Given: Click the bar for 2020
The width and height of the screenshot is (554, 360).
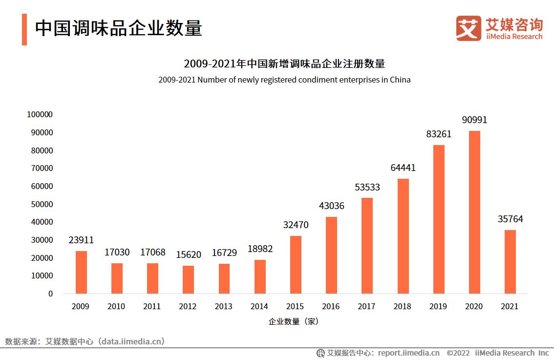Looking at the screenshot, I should point(474,212).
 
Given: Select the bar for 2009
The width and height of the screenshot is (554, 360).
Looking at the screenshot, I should point(81,272).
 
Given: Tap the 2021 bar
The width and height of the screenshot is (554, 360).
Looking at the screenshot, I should point(510,261).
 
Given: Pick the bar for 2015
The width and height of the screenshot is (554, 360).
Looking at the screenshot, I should point(296,264).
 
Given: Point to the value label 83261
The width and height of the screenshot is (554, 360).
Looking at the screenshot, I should point(439,134).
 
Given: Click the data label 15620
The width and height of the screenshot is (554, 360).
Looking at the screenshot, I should point(189,255).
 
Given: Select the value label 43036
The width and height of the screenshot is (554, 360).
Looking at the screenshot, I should point(331,206).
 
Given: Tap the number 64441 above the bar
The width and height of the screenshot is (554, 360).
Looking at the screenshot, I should point(403,168).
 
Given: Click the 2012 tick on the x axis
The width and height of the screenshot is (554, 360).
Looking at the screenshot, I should point(188,307).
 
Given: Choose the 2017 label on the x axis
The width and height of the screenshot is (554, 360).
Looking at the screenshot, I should point(366,307).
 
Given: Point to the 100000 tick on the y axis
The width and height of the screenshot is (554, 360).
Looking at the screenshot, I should point(40,115).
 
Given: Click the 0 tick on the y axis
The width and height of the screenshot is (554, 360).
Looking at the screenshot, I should point(50,294).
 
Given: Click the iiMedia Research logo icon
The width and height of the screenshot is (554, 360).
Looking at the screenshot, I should point(469,28).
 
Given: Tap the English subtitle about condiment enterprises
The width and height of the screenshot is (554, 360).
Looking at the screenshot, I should point(284,80).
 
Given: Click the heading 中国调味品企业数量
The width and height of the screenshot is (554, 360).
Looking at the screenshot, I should point(118,28).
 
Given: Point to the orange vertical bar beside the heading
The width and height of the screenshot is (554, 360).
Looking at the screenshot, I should point(24,29).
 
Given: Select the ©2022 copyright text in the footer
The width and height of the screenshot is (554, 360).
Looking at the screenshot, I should point(458,353).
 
